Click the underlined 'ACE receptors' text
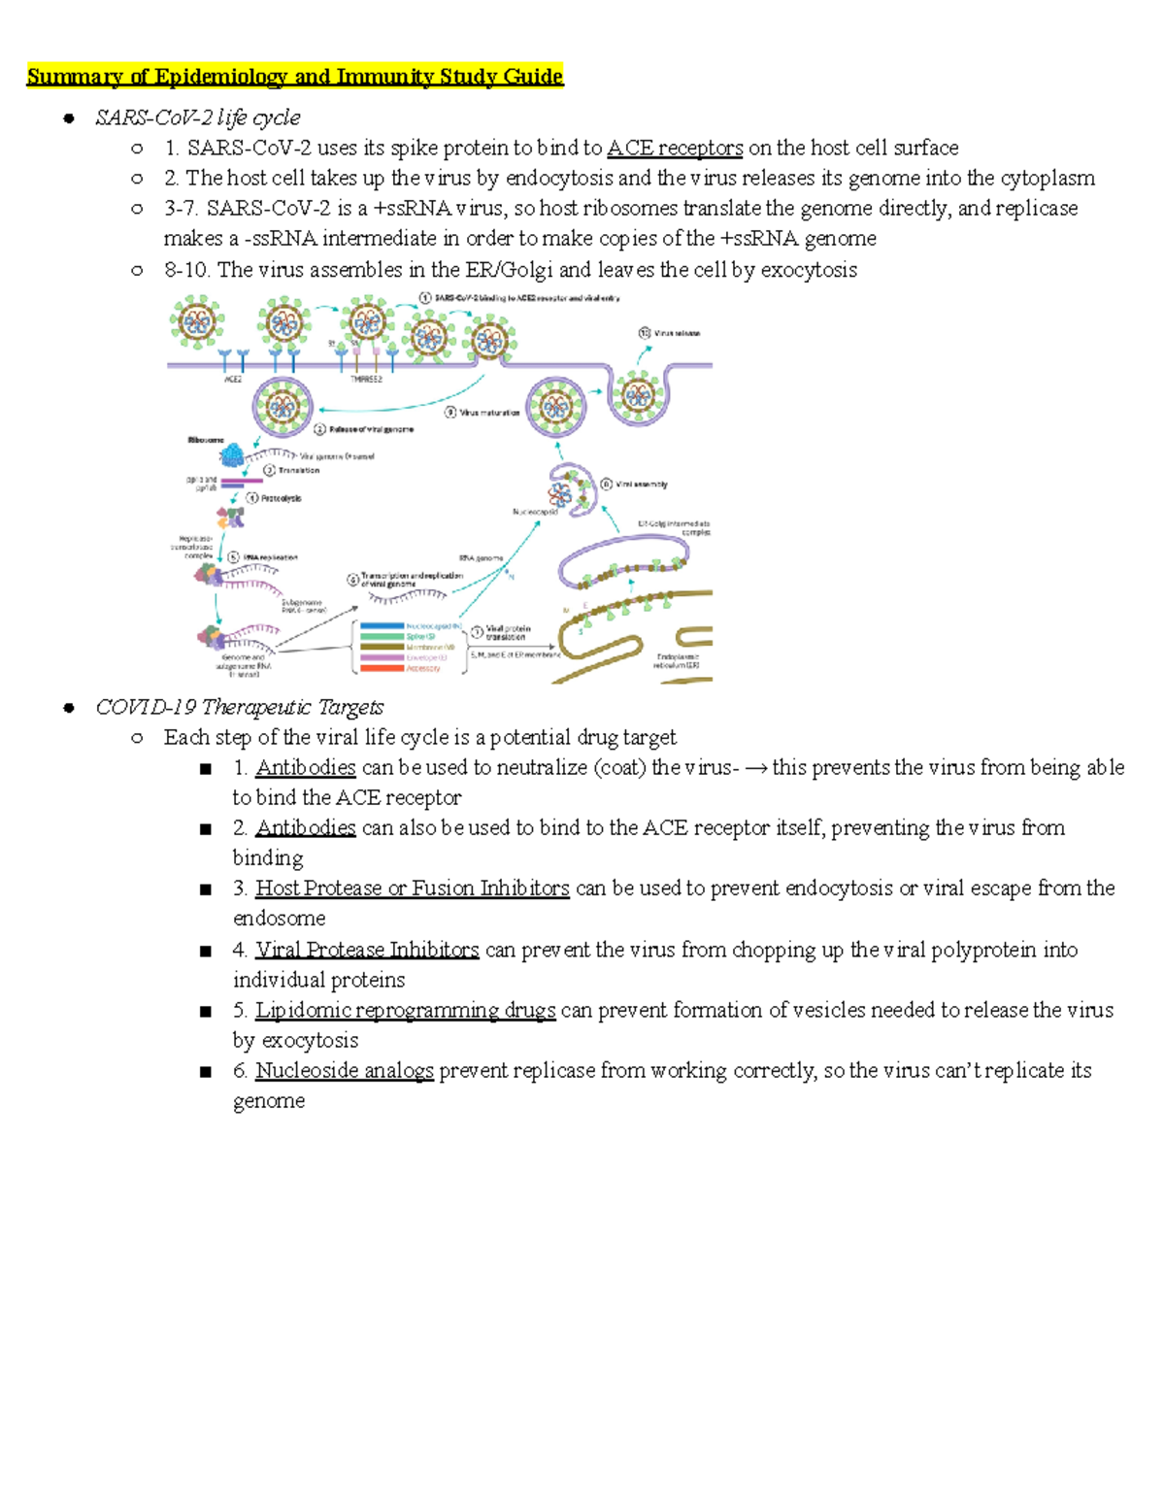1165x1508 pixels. click(675, 148)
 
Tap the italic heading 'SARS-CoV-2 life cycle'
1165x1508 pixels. click(197, 117)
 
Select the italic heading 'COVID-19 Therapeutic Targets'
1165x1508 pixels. click(239, 707)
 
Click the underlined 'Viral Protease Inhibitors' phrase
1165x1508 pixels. click(367, 950)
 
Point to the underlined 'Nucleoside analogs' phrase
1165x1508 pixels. click(344, 1070)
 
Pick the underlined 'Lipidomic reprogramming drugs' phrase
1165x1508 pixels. click(405, 1010)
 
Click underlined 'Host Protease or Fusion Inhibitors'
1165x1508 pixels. click(412, 888)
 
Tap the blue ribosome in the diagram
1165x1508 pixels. click(233, 454)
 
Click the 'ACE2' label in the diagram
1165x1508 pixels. click(233, 380)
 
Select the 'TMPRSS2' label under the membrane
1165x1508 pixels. click(366, 380)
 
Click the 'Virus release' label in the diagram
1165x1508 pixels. click(677, 333)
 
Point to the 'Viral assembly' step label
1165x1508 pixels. click(642, 484)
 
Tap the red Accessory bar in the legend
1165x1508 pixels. click(383, 668)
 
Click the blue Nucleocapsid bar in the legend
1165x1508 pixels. click(383, 626)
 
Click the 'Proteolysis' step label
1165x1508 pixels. click(281, 498)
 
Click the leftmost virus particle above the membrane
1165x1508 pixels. click(197, 322)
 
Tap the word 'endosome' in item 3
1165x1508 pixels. click(279, 919)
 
